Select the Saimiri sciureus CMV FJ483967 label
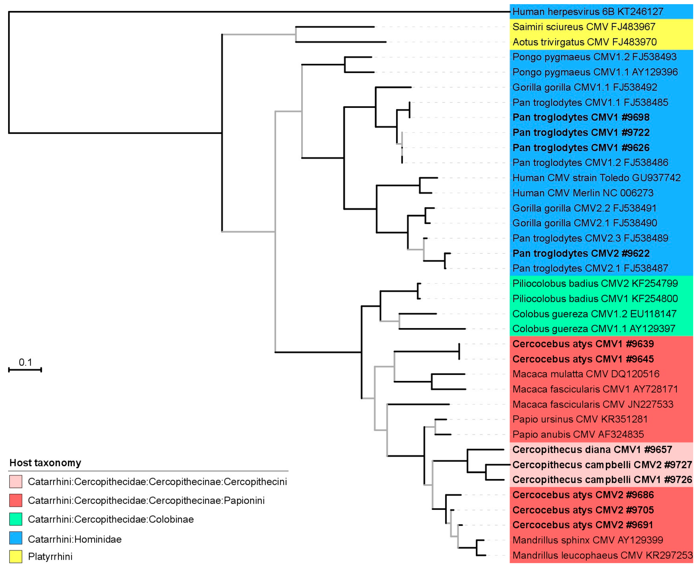tap(584, 27)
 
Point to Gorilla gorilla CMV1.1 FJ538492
tap(585, 87)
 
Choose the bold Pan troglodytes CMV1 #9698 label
tap(581, 118)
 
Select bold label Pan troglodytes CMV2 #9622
tap(581, 254)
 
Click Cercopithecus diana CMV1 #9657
tap(592, 450)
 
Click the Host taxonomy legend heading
tap(45, 463)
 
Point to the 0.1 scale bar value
tap(25, 363)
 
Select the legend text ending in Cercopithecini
tap(157, 482)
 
